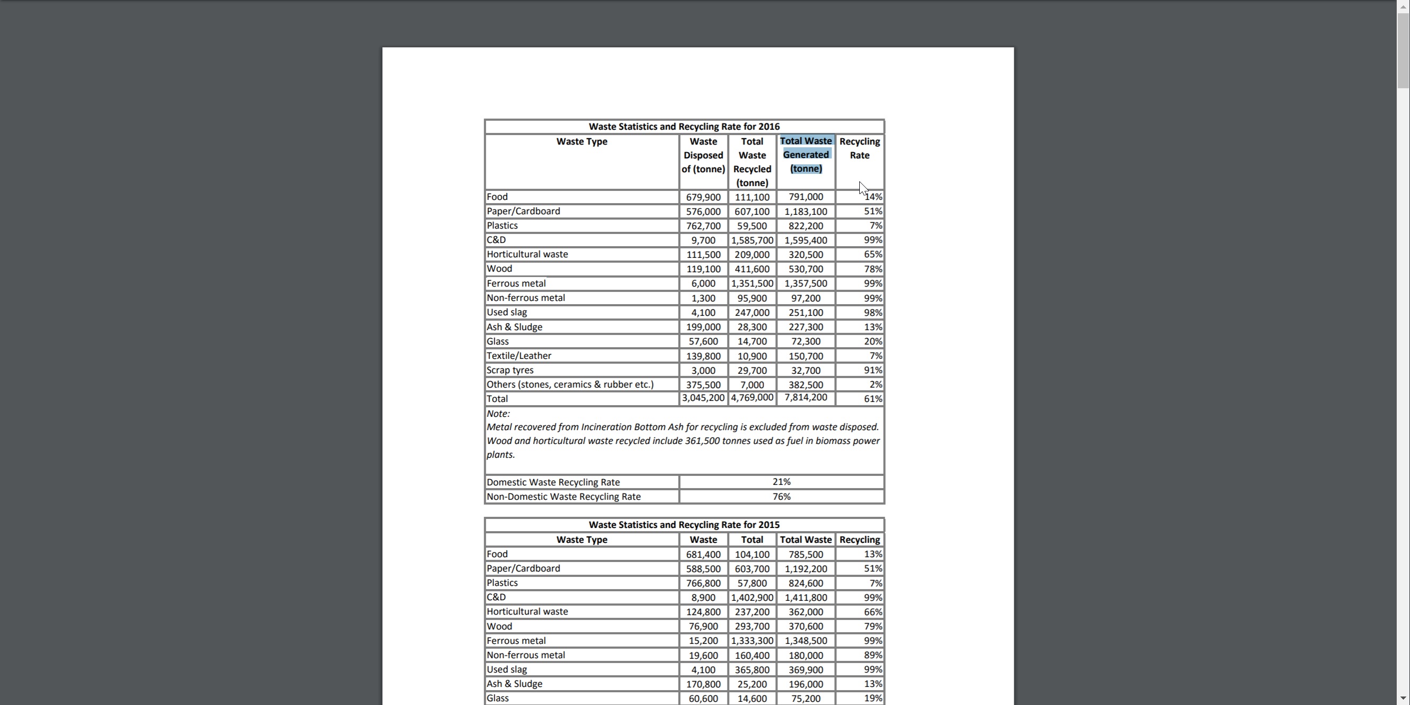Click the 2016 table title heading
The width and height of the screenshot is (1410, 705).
point(683,127)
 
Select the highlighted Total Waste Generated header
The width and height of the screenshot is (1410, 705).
point(805,155)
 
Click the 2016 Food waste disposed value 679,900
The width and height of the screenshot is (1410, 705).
point(703,197)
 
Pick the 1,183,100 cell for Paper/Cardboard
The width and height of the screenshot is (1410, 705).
point(805,212)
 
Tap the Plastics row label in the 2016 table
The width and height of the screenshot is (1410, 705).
point(502,225)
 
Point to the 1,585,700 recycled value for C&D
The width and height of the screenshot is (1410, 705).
point(751,240)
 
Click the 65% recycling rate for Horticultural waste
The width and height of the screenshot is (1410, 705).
point(873,255)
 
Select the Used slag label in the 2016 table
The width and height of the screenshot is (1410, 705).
point(506,312)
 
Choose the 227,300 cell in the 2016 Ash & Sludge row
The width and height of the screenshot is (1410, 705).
point(805,327)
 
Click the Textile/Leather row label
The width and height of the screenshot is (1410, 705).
point(518,356)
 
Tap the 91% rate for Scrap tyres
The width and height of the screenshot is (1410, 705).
point(873,370)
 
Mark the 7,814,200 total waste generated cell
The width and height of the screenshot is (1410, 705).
point(805,398)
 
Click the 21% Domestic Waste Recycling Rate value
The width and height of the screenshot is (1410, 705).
point(781,482)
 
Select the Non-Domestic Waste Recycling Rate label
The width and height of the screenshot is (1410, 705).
point(563,497)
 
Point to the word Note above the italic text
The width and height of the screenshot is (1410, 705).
point(498,414)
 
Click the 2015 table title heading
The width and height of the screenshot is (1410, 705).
point(683,525)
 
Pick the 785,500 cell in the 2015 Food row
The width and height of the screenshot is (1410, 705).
point(805,555)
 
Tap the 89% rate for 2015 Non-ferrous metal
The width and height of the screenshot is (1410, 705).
point(873,655)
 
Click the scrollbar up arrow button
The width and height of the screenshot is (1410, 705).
point(1404,5)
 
